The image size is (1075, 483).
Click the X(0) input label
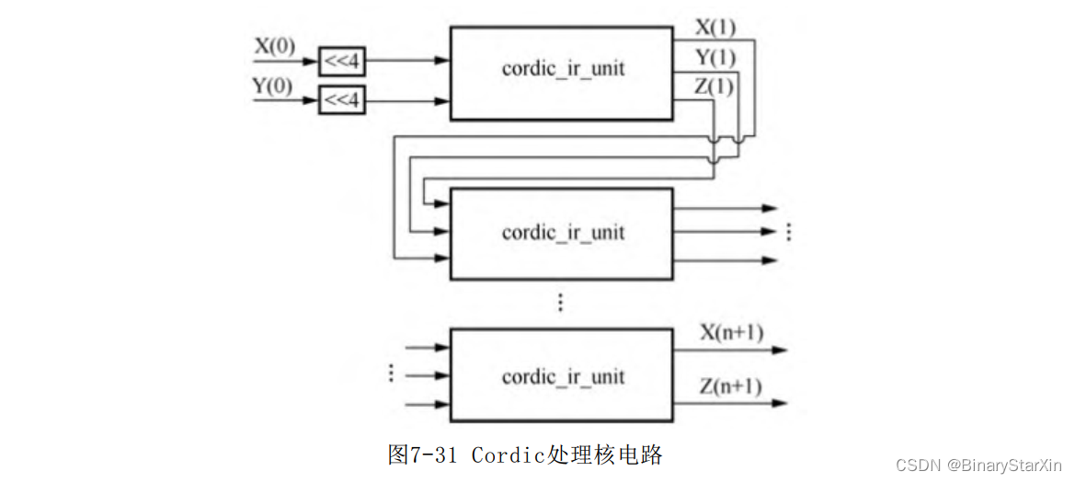[x=276, y=47]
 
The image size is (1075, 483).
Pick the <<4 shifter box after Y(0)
[x=342, y=101]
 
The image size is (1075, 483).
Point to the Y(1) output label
[x=715, y=58]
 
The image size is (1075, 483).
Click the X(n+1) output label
[x=731, y=333]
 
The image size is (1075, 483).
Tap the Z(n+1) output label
[x=730, y=387]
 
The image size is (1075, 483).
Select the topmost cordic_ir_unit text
[x=563, y=70]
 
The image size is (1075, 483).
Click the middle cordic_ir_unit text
[x=563, y=233]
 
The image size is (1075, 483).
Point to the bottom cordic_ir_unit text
[x=563, y=376]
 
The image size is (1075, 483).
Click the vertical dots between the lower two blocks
[x=561, y=302]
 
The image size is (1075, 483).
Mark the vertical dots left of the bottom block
[x=391, y=373]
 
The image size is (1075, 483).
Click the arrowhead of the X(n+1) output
[x=779, y=350]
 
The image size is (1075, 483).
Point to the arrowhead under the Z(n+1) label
[x=779, y=403]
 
